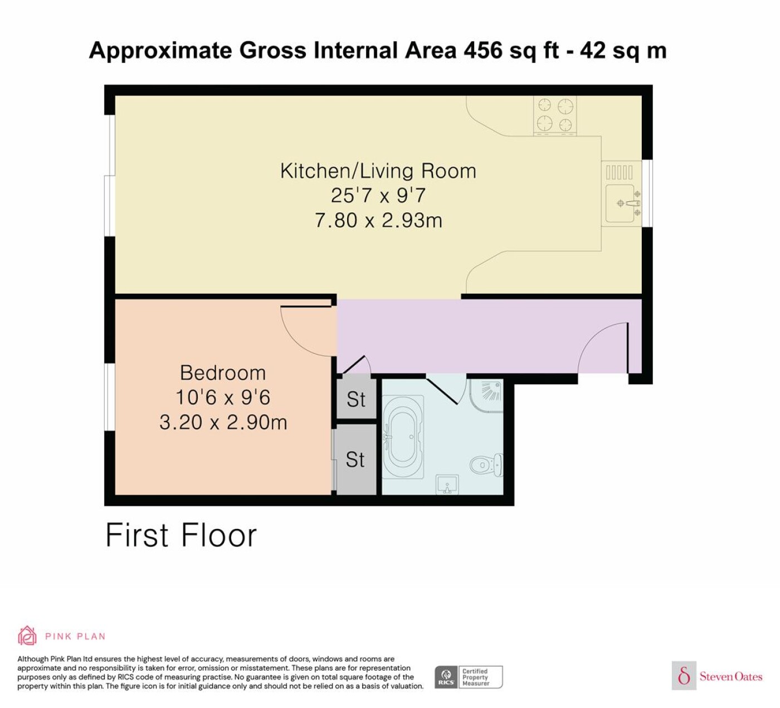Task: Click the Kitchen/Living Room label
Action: tap(378, 171)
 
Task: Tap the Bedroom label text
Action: tap(223, 373)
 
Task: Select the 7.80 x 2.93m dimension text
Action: tap(378, 220)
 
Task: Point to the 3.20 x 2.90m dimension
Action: tap(223, 423)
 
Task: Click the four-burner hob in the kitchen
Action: tap(555, 115)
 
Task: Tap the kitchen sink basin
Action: tap(622, 203)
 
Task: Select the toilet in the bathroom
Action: tap(486, 464)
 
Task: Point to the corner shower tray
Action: tap(486, 395)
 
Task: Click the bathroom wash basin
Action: tap(447, 484)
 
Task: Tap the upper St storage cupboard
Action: tap(356, 399)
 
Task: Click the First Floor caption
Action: tap(181, 536)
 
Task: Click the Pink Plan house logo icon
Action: tap(27, 636)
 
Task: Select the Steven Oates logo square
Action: tap(684, 675)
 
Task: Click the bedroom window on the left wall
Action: tap(110, 397)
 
